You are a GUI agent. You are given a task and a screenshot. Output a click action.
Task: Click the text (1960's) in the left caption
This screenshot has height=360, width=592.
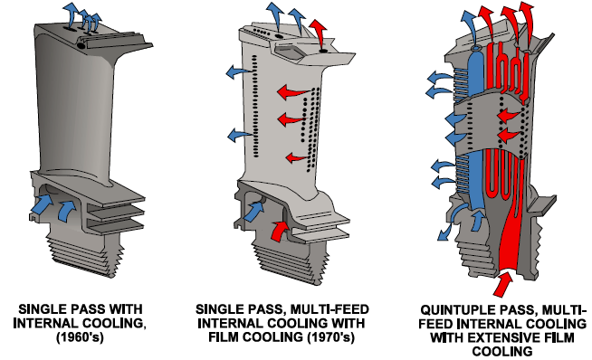point(80,337)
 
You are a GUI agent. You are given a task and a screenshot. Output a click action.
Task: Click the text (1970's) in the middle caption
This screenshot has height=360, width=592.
point(331,337)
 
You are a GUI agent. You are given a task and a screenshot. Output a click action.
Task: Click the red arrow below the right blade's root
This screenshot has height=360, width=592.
point(502,284)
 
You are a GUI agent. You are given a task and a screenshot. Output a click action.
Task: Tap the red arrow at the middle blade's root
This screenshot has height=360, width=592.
point(280,230)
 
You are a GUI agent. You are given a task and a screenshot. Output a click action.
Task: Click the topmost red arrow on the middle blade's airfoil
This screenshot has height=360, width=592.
point(293,91)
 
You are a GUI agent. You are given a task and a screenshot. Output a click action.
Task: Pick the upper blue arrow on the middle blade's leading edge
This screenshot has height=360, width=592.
point(239,71)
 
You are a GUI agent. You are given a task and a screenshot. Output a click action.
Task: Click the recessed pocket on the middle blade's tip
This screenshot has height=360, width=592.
point(289,51)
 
